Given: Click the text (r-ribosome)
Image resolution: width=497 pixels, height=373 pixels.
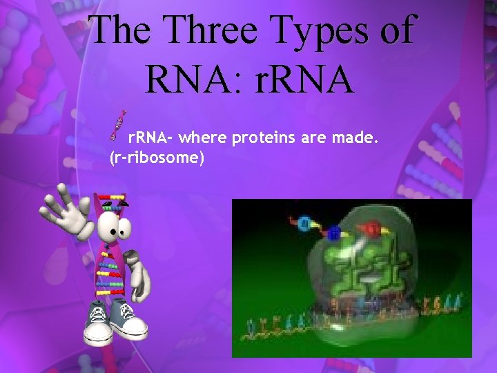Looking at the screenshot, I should tap(156, 159).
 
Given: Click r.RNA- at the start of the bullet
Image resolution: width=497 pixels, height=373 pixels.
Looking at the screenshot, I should tap(153, 141).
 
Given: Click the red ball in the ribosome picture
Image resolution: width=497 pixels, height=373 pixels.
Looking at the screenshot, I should tap(371, 227).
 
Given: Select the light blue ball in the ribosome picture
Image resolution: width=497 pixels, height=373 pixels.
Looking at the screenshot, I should tap(304, 223).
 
